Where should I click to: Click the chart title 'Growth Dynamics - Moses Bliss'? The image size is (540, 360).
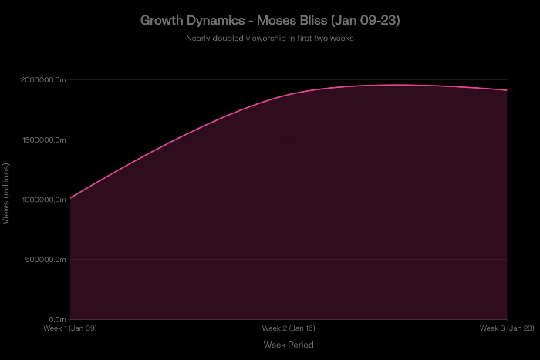tap(270, 20)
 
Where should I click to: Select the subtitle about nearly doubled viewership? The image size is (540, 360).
tap(270, 38)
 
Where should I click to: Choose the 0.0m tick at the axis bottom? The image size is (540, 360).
tap(58, 319)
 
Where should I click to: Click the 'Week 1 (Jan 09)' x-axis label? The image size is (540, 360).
tap(70, 328)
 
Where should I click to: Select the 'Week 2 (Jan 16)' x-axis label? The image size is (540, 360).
tap(289, 328)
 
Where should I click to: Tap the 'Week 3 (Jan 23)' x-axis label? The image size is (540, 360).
tap(507, 328)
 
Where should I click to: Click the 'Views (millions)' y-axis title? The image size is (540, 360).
tap(7, 194)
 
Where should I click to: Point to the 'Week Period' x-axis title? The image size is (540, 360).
tap(289, 345)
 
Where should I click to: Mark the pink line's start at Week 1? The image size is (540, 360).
tap(70, 198)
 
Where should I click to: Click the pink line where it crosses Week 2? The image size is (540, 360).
tap(289, 94)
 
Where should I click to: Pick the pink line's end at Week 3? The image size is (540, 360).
tap(507, 90)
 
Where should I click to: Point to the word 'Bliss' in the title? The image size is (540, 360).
tap(319, 20)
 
